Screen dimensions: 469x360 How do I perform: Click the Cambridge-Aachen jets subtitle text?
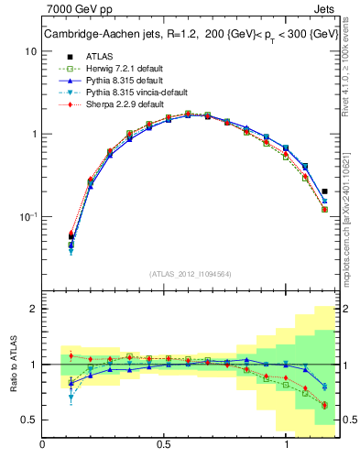[183, 35]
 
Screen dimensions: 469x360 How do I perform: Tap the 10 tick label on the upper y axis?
[31, 51]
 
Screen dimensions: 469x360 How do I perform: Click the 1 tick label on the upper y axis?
[34, 134]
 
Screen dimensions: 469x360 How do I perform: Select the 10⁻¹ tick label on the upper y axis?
[29, 216]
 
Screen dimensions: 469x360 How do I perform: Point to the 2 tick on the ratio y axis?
[33, 309]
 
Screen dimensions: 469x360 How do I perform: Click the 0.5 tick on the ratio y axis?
[29, 420]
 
